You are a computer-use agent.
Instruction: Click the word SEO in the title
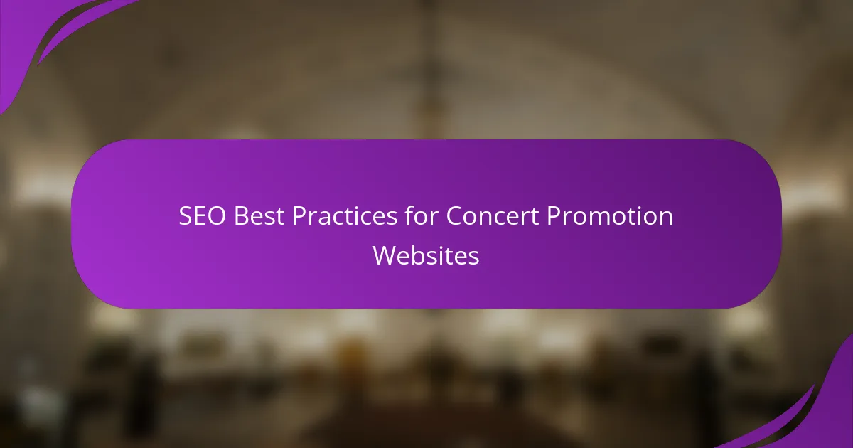(x=202, y=216)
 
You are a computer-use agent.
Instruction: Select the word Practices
(x=345, y=215)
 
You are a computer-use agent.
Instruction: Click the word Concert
(x=493, y=216)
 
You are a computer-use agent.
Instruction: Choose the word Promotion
(x=610, y=215)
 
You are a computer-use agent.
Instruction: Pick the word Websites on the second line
(x=426, y=255)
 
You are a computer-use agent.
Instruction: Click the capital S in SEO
(x=186, y=216)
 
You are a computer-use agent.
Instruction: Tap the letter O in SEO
(x=216, y=216)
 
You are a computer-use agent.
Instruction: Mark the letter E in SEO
(x=200, y=216)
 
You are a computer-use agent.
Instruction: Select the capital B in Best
(x=241, y=216)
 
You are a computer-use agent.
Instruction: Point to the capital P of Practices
(x=299, y=216)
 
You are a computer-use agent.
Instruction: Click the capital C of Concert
(x=454, y=216)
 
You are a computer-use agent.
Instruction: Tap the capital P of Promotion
(x=553, y=216)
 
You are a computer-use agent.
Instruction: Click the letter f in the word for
(x=410, y=215)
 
